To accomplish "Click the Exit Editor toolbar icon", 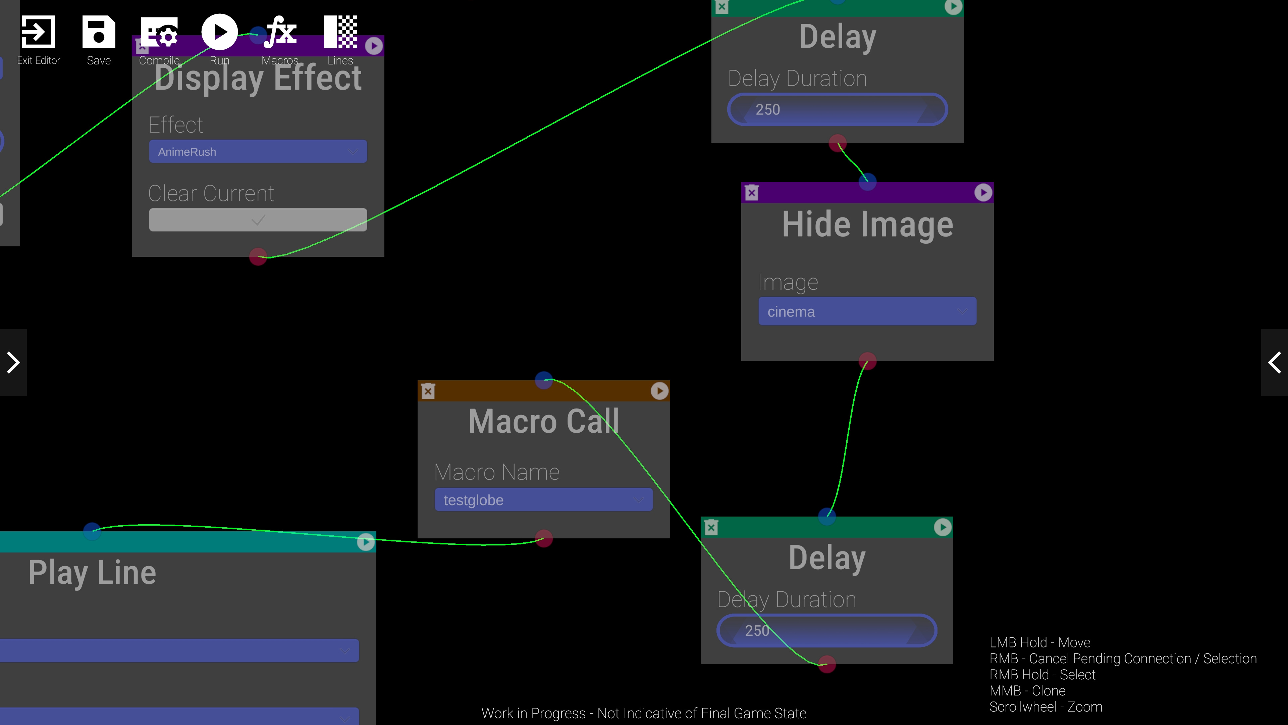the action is pyautogui.click(x=38, y=32).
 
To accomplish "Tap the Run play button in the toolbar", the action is pyautogui.click(x=219, y=32).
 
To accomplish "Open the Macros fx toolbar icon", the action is pyautogui.click(x=280, y=32).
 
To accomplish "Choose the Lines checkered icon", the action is pyautogui.click(x=340, y=32).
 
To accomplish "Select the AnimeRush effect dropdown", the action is pyautogui.click(x=258, y=152).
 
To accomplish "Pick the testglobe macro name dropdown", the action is pyautogui.click(x=543, y=500).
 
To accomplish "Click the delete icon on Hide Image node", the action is pyautogui.click(x=751, y=193).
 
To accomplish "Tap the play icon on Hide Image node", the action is pyautogui.click(x=983, y=193).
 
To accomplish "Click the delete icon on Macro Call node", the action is pyautogui.click(x=428, y=391).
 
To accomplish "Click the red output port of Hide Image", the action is pyautogui.click(x=867, y=361).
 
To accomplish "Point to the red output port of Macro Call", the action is pyautogui.click(x=543, y=538).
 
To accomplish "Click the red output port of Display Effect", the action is pyautogui.click(x=258, y=257).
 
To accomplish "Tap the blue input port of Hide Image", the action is pyautogui.click(x=867, y=182).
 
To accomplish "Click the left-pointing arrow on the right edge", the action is pyautogui.click(x=1275, y=362).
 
